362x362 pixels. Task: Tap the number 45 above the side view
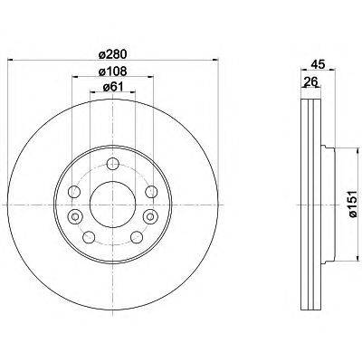tap(316, 63)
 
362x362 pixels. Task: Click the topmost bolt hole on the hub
tap(111, 164)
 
